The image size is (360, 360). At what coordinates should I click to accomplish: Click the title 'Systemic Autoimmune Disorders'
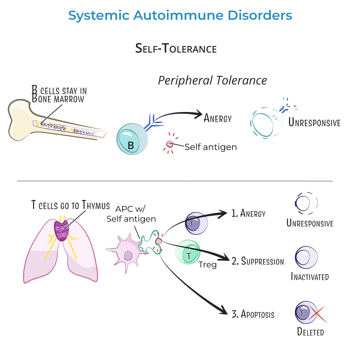pyautogui.click(x=180, y=16)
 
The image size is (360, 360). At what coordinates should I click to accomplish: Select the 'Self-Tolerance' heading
pyautogui.click(x=176, y=49)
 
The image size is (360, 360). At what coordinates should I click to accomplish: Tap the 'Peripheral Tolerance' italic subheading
pyautogui.click(x=212, y=80)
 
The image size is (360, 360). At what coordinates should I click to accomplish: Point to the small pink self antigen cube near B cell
pyautogui.click(x=170, y=144)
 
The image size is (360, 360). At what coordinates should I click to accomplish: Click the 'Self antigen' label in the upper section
pyautogui.click(x=210, y=147)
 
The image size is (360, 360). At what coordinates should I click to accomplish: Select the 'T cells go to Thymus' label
pyautogui.click(x=70, y=206)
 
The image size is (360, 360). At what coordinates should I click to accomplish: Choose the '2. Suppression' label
pyautogui.click(x=258, y=262)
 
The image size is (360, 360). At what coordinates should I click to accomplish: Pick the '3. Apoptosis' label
pyautogui.click(x=253, y=314)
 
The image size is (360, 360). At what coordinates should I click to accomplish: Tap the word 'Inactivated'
pyautogui.click(x=310, y=276)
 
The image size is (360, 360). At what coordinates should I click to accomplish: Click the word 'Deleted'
pyautogui.click(x=310, y=332)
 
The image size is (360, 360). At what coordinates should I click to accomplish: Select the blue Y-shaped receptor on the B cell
pyautogui.click(x=151, y=120)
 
